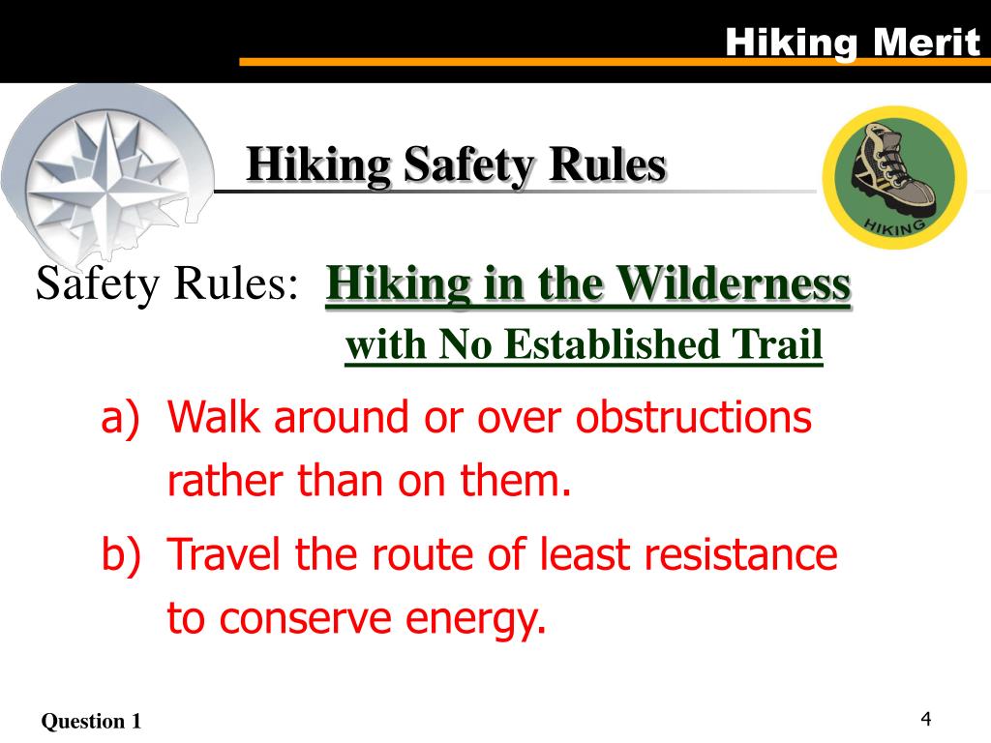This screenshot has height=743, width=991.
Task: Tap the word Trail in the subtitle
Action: (x=778, y=345)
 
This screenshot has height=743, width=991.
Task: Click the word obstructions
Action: (x=694, y=418)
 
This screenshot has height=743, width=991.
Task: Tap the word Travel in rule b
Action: (x=226, y=555)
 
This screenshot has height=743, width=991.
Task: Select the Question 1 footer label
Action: (x=91, y=721)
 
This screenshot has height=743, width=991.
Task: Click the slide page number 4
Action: (x=926, y=719)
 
